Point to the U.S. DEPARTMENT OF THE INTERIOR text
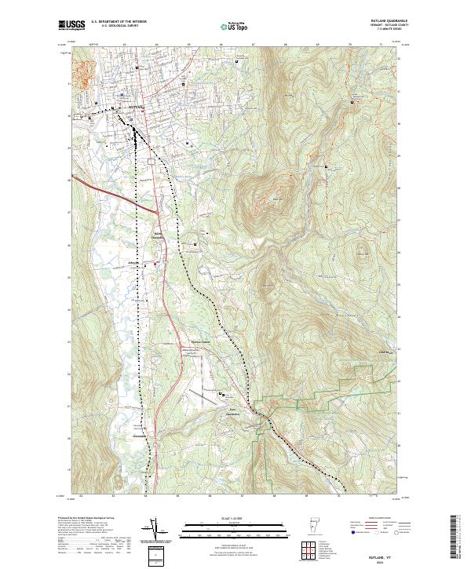pos(119,21)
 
